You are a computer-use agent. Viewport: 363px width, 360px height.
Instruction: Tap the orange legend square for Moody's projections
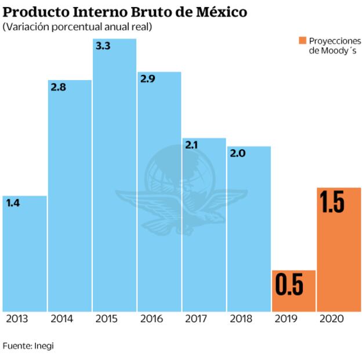pyautogui.click(x=302, y=40)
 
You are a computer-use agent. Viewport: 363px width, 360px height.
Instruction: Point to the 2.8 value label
pyautogui.click(x=59, y=88)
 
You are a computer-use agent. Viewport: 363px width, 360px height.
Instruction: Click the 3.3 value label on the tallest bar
pyautogui.click(x=103, y=46)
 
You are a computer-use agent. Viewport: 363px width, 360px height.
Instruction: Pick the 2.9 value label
pyautogui.click(x=148, y=80)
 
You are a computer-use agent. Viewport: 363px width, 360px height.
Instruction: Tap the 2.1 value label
pyautogui.click(x=193, y=146)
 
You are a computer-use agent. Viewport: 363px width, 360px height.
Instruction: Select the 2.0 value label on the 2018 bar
pyautogui.click(x=238, y=154)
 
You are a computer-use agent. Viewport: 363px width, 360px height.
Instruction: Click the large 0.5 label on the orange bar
pyautogui.click(x=289, y=285)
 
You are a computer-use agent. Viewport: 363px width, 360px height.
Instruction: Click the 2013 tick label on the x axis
pyautogui.click(x=17, y=319)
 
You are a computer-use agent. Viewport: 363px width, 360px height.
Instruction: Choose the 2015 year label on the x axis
pyautogui.click(x=107, y=319)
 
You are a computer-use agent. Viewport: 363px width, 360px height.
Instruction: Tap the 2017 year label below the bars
pyautogui.click(x=197, y=319)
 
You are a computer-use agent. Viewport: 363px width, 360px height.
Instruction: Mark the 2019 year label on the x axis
pyautogui.click(x=286, y=319)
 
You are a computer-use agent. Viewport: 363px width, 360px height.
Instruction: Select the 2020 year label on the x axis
pyautogui.click(x=331, y=319)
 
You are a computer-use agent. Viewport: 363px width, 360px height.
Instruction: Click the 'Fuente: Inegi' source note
pyautogui.click(x=28, y=346)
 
